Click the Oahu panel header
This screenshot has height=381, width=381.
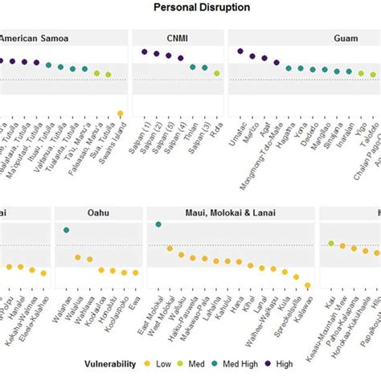(99, 212)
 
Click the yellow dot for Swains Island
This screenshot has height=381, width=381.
(120, 113)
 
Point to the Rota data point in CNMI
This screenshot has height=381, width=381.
(216, 73)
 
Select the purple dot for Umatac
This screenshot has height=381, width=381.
(240, 51)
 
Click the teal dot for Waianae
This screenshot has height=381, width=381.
(66, 230)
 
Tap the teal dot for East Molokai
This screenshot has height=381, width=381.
(158, 224)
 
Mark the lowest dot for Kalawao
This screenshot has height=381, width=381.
(308, 285)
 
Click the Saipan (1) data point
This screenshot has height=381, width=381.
(145, 51)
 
